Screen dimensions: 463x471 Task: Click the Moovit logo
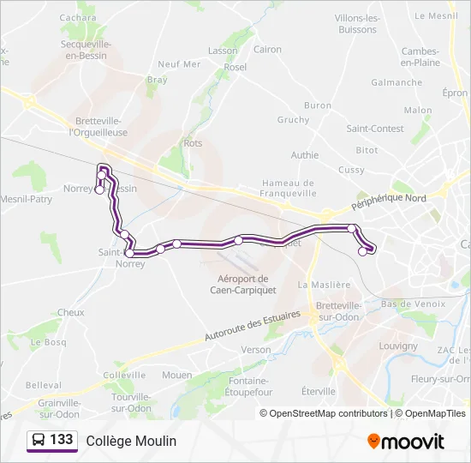point(406,441)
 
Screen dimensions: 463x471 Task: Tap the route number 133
point(61,440)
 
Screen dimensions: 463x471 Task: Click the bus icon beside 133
point(39,440)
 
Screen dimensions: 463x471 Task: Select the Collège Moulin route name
point(131,441)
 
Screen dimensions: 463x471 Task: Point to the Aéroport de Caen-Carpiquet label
point(244,283)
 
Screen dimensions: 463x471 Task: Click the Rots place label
point(193,143)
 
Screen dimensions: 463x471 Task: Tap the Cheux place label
point(71,313)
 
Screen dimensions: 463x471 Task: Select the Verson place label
point(255,350)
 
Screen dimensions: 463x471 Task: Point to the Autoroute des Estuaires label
point(253,327)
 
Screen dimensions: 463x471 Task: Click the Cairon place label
point(267,50)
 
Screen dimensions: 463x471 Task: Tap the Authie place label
point(305,155)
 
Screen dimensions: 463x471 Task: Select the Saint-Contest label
point(375,129)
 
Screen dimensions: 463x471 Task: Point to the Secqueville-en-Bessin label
point(84,49)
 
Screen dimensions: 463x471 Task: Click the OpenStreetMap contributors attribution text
point(329,413)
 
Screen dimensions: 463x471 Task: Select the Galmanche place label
point(396,82)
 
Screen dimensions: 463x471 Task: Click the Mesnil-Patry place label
point(26,199)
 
